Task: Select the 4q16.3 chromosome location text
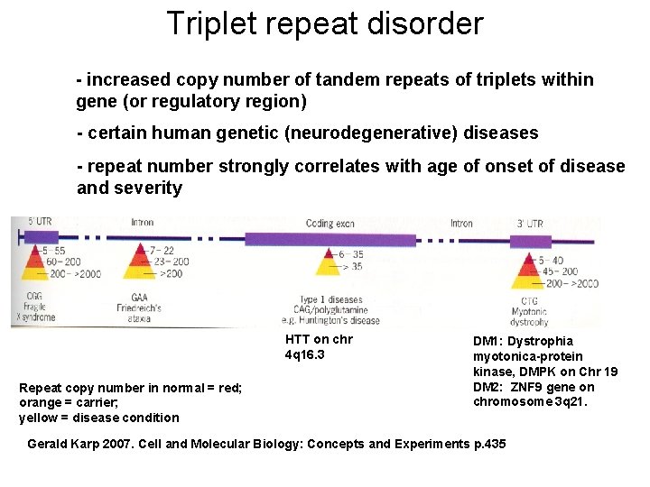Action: [x=304, y=354]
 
